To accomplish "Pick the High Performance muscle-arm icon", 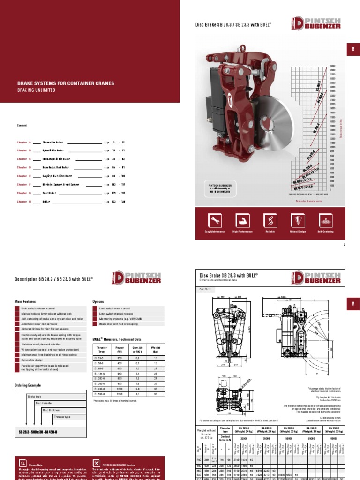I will point(242,220).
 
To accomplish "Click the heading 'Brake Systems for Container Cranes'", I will point(66,83).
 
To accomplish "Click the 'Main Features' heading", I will point(26,302).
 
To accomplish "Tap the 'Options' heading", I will point(98,302).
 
